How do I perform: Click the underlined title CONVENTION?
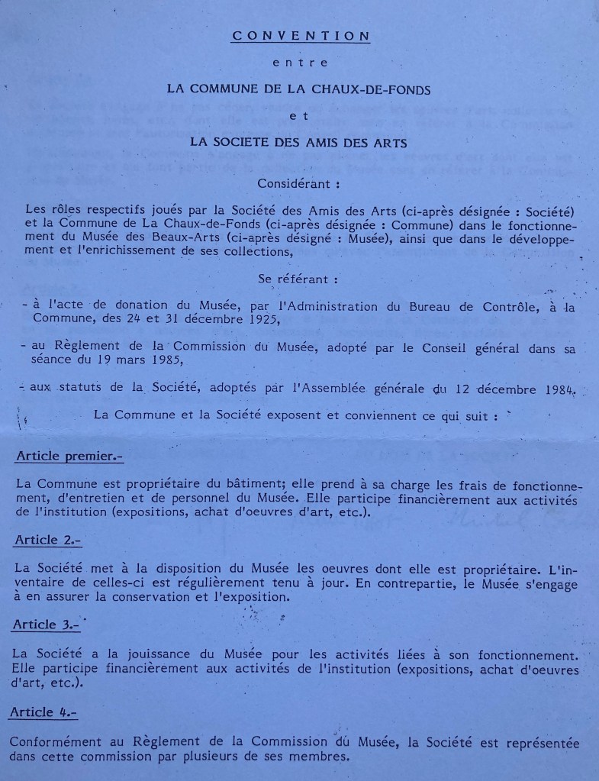pyautogui.click(x=301, y=36)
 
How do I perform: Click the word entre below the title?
pyautogui.click(x=300, y=63)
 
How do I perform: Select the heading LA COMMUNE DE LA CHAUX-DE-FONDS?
pyautogui.click(x=299, y=89)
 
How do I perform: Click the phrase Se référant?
pyautogui.click(x=298, y=280)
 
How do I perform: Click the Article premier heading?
pyautogui.click(x=69, y=457)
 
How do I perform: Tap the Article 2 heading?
pyautogui.click(x=47, y=540)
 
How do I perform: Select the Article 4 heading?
pyautogui.click(x=44, y=712)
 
